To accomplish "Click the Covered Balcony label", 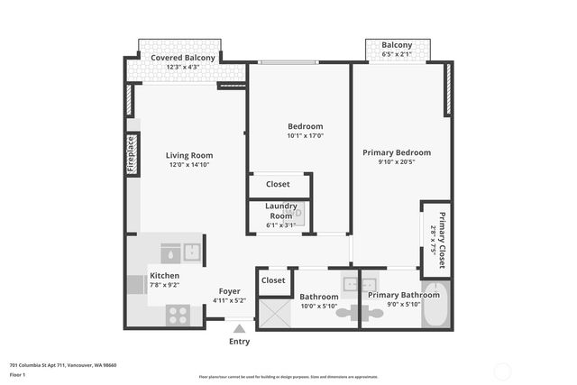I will (183, 58).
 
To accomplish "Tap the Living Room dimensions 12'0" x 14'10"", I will (188, 164).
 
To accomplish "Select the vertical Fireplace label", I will (132, 153).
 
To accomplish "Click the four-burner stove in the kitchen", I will (178, 315).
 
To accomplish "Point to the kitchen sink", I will (191, 252).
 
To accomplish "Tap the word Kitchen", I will (164, 275).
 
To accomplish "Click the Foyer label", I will (229, 290).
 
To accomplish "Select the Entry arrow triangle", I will (239, 329).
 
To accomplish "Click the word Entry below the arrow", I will (239, 342).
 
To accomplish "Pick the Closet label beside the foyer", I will (273, 280).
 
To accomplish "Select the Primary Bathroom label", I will (404, 295).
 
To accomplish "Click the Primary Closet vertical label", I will (443, 239).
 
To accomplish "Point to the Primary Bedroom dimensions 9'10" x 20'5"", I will (397, 162).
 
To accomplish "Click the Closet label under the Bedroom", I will (278, 184).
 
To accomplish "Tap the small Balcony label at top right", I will (397, 45).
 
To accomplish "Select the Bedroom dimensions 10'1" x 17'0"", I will (305, 136).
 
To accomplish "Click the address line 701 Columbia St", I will (63, 365).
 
